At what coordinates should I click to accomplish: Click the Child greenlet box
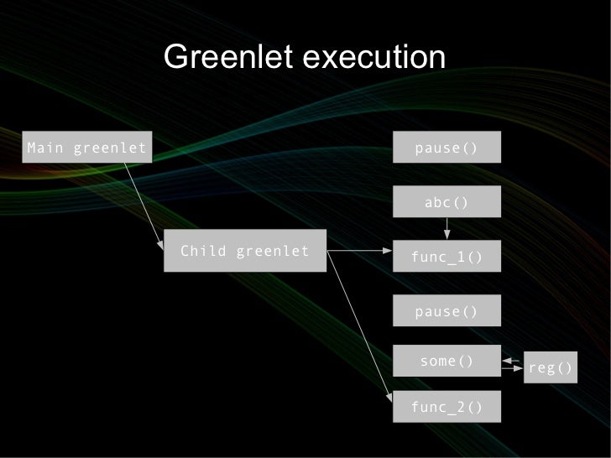click(244, 251)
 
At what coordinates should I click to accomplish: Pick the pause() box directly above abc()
click(446, 148)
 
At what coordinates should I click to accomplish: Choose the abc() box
click(446, 202)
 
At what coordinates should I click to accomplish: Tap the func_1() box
click(446, 257)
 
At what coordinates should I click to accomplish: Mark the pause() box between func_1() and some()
click(446, 312)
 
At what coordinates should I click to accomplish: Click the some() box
click(446, 362)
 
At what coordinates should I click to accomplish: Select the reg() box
click(551, 367)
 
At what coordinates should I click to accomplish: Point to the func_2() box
click(446, 408)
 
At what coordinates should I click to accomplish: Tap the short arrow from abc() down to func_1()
click(447, 227)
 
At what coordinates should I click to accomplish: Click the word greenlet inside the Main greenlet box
click(110, 148)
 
